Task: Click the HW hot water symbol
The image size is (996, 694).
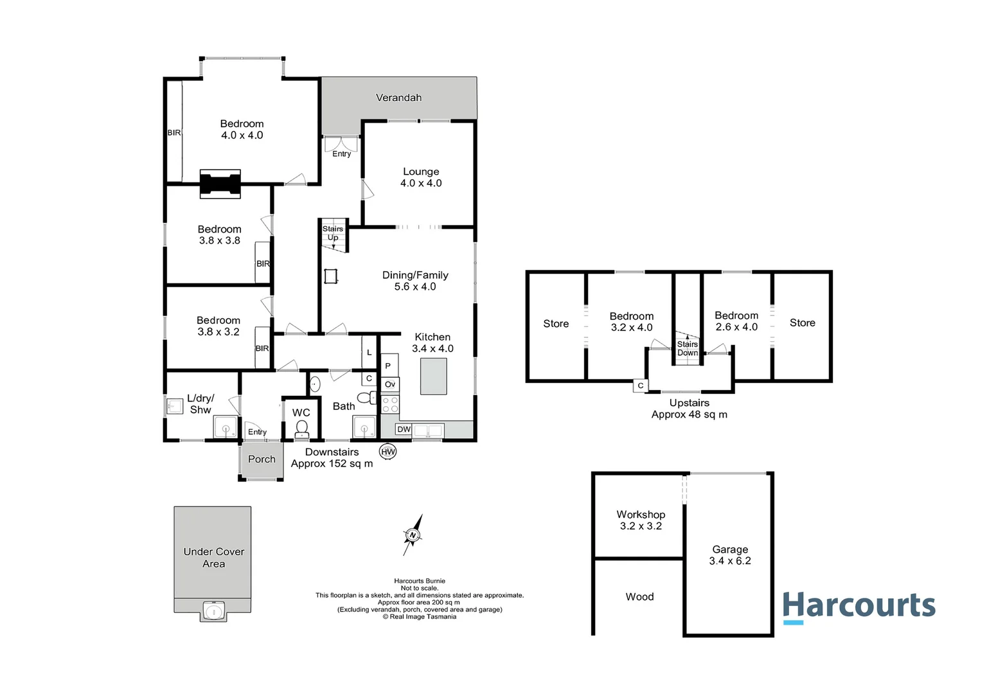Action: tap(387, 452)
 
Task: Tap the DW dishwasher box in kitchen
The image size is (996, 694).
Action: tap(404, 429)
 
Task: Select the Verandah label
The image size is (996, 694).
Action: tap(398, 98)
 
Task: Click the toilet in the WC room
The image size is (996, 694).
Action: tap(301, 429)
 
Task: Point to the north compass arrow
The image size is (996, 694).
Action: tap(413, 535)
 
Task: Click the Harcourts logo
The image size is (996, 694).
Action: tap(858, 607)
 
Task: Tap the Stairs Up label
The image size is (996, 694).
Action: tap(333, 233)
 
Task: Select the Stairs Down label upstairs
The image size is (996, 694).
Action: tap(687, 348)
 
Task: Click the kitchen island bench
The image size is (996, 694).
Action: tap(433, 376)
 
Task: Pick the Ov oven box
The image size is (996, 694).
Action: tap(389, 384)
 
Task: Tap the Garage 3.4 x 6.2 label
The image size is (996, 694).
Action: tap(730, 555)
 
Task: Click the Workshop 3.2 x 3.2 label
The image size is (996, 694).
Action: tap(641, 520)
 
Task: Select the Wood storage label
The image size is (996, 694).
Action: tap(639, 597)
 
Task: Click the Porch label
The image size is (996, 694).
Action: tap(262, 459)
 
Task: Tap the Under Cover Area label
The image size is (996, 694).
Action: tap(214, 557)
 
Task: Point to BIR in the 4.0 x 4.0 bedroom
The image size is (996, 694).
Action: tap(174, 133)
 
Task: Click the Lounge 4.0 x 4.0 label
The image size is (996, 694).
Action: tap(421, 177)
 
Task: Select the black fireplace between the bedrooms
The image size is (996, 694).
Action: tap(220, 184)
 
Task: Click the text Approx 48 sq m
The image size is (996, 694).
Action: tap(689, 414)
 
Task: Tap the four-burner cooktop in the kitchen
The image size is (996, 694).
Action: tap(389, 404)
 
